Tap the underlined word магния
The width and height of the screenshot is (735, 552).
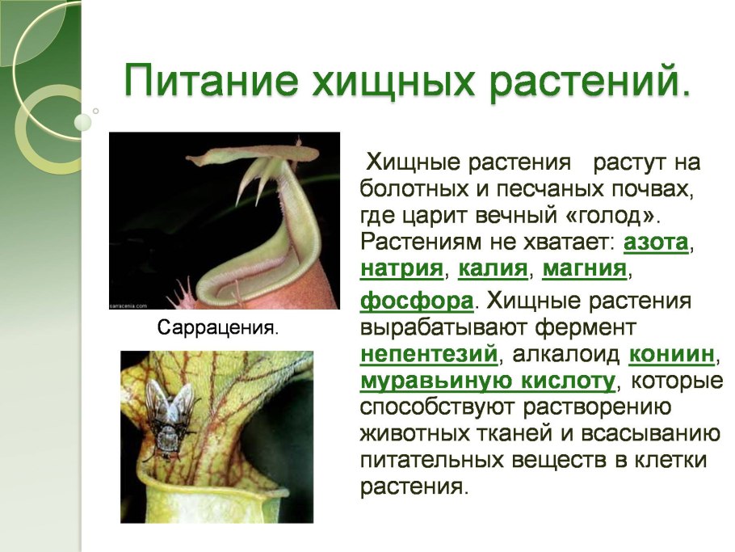click(584, 268)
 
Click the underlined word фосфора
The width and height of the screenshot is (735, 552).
click(416, 301)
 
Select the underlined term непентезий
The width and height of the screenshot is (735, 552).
click(426, 355)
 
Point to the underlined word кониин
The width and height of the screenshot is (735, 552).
click(671, 355)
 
